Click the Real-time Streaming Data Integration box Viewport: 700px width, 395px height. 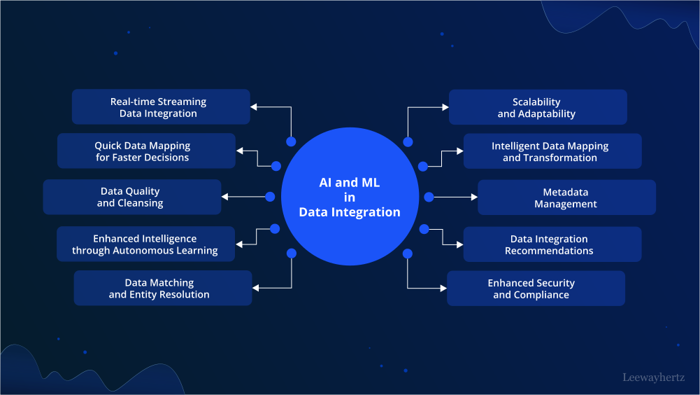[x=161, y=107]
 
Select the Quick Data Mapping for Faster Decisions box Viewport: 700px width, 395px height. [x=146, y=151]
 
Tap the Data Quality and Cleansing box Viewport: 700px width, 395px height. [x=131, y=197]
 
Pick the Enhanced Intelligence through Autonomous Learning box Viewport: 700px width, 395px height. [x=145, y=244]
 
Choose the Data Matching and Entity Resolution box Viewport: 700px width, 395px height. [x=162, y=289]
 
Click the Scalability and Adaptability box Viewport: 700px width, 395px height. [x=537, y=108]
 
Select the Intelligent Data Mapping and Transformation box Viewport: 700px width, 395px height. [x=552, y=152]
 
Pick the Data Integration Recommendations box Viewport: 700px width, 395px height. [x=552, y=244]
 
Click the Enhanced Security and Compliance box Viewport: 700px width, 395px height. [x=536, y=289]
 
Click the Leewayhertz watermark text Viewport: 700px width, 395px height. [x=653, y=377]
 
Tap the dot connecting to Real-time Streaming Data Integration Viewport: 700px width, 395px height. [x=291, y=141]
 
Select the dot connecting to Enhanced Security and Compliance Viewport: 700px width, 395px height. [x=408, y=253]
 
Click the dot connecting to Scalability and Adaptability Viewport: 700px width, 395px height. [x=408, y=142]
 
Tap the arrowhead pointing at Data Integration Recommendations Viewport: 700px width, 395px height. [x=459, y=244]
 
